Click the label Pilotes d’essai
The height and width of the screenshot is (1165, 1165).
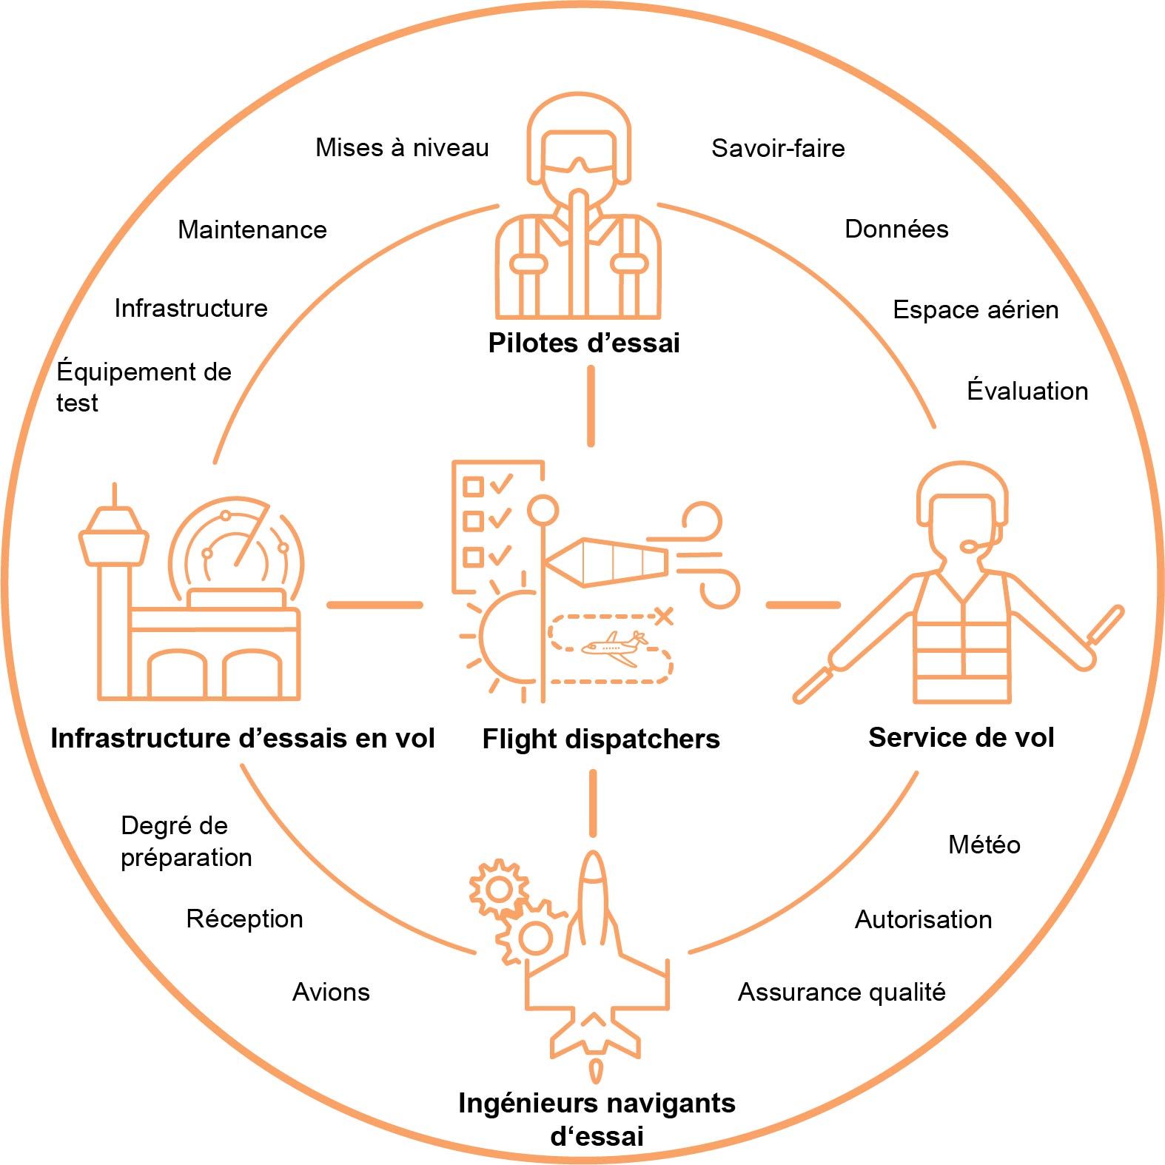[x=584, y=343]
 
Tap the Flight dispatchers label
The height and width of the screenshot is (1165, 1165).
[x=600, y=739]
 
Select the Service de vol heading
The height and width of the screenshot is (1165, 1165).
[x=961, y=737]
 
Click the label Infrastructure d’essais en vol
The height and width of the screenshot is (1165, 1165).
[x=242, y=738]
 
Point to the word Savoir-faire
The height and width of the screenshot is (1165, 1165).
[x=778, y=148]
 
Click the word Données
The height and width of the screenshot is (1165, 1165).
[x=896, y=229]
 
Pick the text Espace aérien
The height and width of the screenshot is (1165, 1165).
[x=976, y=309]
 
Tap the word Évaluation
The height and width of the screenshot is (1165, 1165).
[x=1027, y=391]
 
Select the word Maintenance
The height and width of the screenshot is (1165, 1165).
[x=252, y=229]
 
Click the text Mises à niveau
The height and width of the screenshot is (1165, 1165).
[x=402, y=147]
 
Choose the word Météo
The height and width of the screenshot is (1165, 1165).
[x=984, y=845]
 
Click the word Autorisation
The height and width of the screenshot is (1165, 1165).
[x=923, y=919]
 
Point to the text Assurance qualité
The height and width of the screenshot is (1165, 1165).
[x=842, y=992]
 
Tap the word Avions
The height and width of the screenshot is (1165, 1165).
[x=331, y=992]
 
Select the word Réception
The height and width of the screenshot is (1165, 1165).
[x=244, y=919]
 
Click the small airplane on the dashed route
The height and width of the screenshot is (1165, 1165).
[x=614, y=648]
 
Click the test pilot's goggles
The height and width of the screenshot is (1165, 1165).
[x=578, y=162]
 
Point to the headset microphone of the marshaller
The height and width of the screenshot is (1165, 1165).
[x=970, y=546]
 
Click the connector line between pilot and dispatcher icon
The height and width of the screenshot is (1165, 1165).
[x=591, y=406]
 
